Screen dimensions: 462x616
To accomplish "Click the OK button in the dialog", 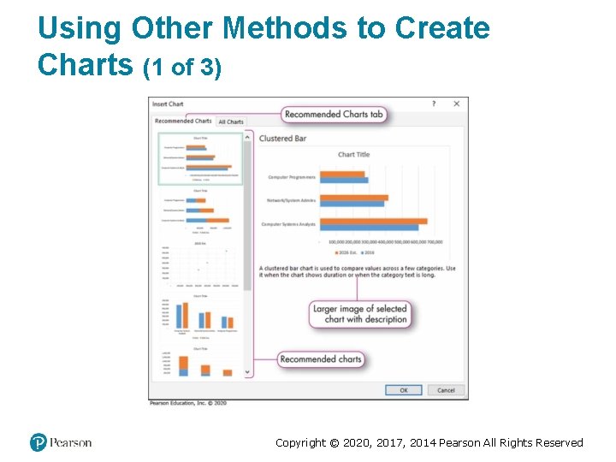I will [403, 390].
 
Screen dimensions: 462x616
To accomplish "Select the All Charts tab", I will [231, 121].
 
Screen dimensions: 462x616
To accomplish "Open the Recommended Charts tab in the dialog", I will [183, 121].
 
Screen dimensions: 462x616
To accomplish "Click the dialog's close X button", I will [456, 104].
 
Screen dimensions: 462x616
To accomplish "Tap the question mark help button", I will [433, 104].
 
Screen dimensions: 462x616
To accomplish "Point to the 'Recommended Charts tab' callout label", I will [335, 114].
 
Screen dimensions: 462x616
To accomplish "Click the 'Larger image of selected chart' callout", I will [360, 314].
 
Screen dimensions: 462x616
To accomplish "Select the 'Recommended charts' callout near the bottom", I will [321, 359].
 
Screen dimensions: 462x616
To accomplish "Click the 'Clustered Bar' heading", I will [282, 139].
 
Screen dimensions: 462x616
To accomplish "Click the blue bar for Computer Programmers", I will [343, 181].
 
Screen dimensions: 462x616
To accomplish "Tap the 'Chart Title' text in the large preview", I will [353, 155].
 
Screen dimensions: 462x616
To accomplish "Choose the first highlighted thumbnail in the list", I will [198, 157].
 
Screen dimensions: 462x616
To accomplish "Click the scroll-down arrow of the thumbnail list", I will [248, 373].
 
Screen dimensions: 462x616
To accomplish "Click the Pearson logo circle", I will [38, 442].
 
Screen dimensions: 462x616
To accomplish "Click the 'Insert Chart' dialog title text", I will [169, 104].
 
